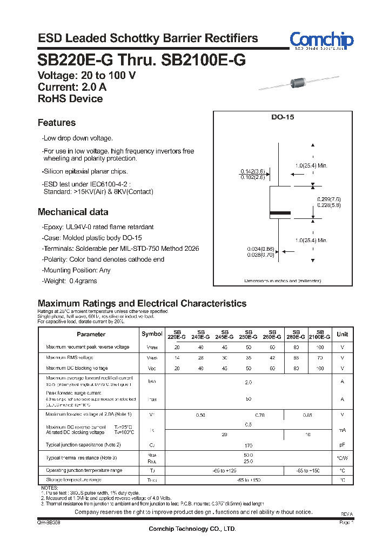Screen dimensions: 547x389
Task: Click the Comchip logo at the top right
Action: click(x=321, y=40)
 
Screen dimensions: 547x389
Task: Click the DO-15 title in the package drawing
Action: click(x=282, y=117)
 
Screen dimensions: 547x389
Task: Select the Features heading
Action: click(x=57, y=123)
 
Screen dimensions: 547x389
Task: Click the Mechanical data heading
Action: click(x=73, y=212)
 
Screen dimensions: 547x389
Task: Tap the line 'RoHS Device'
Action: click(x=70, y=98)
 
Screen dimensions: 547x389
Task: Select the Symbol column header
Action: click(x=151, y=334)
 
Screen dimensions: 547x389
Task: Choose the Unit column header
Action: click(x=342, y=334)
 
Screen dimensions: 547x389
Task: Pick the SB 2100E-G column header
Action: click(x=320, y=334)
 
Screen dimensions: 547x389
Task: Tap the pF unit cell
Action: click(x=342, y=445)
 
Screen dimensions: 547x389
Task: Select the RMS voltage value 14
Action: click(x=177, y=358)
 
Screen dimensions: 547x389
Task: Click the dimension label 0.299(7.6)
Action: click(x=328, y=199)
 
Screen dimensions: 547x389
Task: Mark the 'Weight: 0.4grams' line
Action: click(x=70, y=281)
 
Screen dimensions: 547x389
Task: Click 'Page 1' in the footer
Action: click(x=346, y=523)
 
